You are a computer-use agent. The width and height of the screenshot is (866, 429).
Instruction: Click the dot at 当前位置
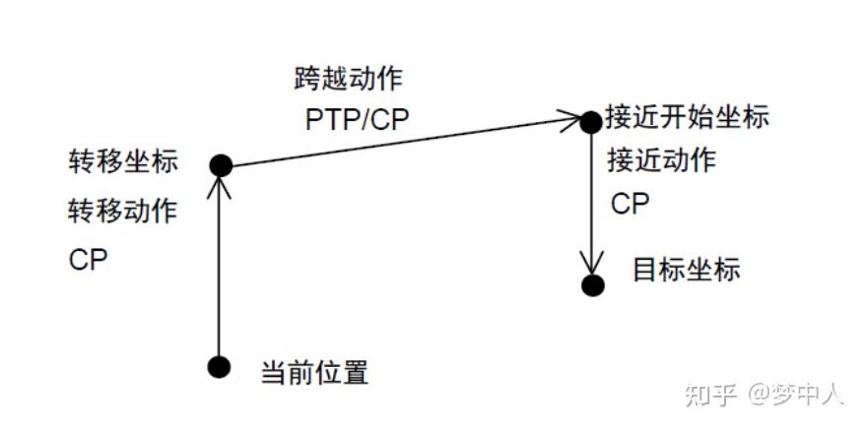pyautogui.click(x=220, y=367)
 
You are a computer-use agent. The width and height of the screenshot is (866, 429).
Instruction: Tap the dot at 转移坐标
pyautogui.click(x=221, y=165)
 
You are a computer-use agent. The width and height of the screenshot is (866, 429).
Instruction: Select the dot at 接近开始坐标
pyautogui.click(x=590, y=121)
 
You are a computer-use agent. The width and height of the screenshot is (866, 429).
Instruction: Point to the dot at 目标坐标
pyautogui.click(x=591, y=285)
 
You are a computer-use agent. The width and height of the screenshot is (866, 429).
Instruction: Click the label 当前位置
pyautogui.click(x=314, y=373)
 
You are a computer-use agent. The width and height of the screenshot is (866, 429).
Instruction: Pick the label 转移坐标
pyautogui.click(x=123, y=161)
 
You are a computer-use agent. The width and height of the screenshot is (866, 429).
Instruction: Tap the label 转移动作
pyautogui.click(x=123, y=210)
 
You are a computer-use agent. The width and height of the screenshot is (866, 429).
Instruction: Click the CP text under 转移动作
pyautogui.click(x=89, y=260)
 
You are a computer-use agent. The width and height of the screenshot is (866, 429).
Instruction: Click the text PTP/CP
pyautogui.click(x=356, y=120)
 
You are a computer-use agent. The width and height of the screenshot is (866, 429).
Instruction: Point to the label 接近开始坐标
pyautogui.click(x=687, y=116)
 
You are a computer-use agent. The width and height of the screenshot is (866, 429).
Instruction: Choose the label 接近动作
pyautogui.click(x=660, y=159)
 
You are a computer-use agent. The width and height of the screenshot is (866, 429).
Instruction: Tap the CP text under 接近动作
pyautogui.click(x=631, y=204)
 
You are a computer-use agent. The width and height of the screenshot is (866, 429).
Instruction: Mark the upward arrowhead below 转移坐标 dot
pyautogui.click(x=221, y=186)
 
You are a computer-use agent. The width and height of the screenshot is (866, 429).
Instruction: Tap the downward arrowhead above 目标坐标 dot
pyautogui.click(x=591, y=265)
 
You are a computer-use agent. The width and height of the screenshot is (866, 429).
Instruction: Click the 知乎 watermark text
pyautogui.click(x=709, y=395)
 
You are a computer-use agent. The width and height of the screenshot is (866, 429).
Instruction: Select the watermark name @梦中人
pyautogui.click(x=796, y=395)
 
